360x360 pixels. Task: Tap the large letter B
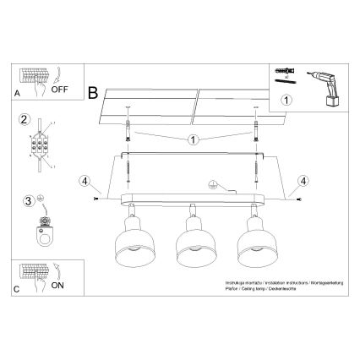(93, 89)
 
